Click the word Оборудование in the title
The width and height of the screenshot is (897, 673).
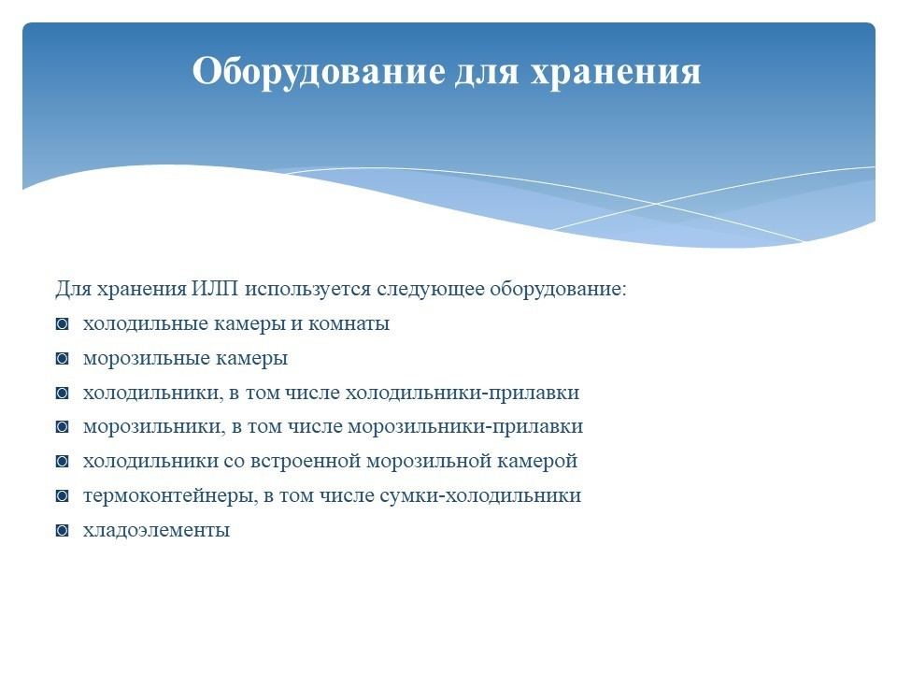[319, 72]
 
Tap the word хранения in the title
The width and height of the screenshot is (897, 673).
[616, 73]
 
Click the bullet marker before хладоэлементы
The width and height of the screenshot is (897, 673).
[63, 531]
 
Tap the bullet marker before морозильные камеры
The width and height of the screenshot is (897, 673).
[63, 359]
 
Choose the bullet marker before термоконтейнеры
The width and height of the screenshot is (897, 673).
[63, 496]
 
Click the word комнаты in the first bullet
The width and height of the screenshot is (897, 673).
[349, 324]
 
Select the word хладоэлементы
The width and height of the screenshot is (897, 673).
[156, 531]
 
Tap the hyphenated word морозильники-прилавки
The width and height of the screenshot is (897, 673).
[465, 427]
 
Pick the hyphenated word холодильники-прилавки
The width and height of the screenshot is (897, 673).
[463, 393]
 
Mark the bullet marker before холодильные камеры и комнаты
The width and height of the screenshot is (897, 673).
[63, 324]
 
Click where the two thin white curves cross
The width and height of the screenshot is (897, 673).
[656, 203]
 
